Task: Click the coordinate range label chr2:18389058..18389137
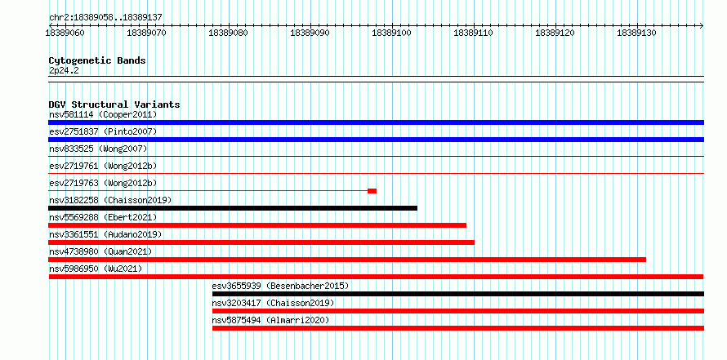[105, 17]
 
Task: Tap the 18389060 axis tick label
[65, 33]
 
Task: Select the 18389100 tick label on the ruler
[392, 33]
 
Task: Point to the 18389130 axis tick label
[636, 33]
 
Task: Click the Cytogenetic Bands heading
[97, 60]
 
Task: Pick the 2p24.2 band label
[64, 70]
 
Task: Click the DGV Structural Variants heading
[114, 104]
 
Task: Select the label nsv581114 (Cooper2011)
[103, 114]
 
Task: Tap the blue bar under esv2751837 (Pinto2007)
[376, 140]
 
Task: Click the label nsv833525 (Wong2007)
[98, 149]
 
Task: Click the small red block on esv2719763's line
[372, 191]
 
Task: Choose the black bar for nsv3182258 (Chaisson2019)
[233, 208]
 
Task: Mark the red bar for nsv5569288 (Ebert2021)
[257, 225]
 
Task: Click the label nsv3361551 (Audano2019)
[105, 234]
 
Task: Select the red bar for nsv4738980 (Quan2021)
[347, 260]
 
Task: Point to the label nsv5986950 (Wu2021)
[96, 269]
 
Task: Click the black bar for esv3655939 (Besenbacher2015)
[458, 294]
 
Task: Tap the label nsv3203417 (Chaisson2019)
[273, 303]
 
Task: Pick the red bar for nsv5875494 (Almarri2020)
[458, 328]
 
